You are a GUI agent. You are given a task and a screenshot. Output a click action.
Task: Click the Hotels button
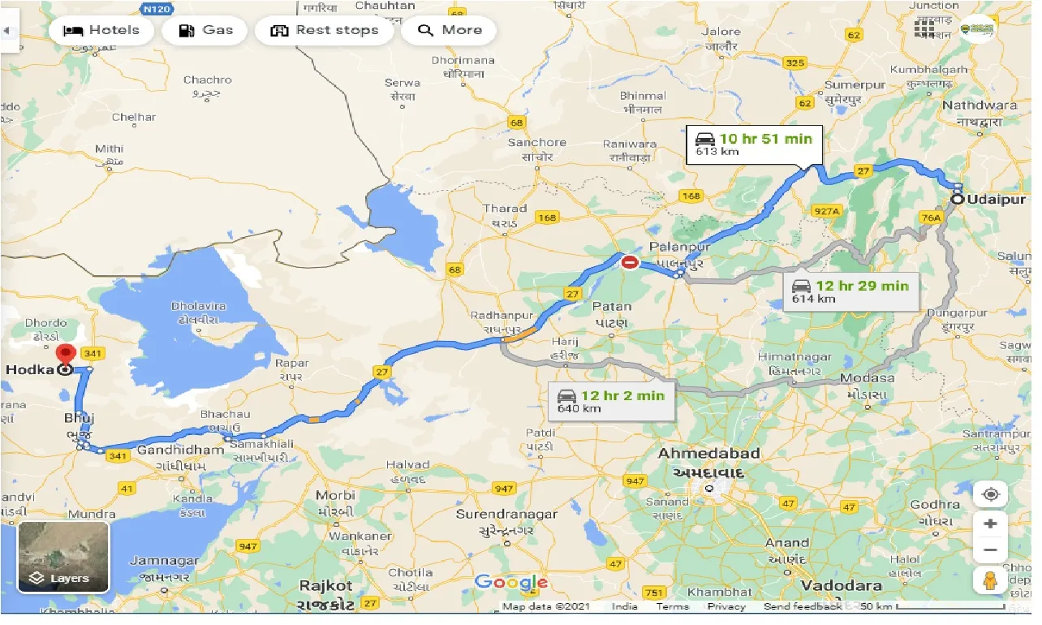101,31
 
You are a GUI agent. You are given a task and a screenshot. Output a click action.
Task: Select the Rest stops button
325,31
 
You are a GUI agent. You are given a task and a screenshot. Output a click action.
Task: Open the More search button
450,31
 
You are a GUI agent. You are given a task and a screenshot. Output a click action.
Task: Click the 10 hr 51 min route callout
754,144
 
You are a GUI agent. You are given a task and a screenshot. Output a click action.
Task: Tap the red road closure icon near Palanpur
630,262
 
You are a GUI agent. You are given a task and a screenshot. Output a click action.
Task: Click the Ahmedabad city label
708,453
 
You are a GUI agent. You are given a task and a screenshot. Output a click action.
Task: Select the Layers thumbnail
63,557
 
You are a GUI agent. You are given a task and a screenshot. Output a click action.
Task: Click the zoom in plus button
990,524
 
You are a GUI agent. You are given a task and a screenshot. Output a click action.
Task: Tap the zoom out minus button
990,551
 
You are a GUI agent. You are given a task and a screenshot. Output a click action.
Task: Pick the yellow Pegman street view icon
990,581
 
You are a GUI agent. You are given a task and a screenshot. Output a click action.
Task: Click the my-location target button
990,494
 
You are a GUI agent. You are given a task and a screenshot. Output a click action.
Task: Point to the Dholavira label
198,307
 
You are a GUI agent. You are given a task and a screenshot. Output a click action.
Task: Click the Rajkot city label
326,585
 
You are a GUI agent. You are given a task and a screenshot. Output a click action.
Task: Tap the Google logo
511,582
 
